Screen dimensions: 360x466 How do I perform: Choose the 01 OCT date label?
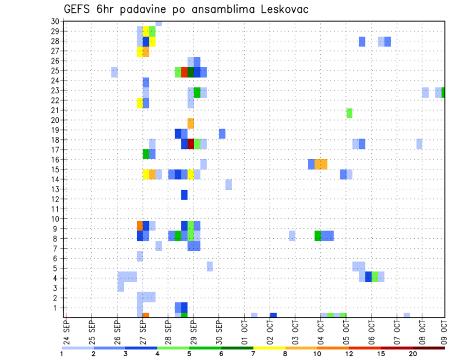click(244, 331)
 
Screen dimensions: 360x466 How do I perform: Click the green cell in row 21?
click(349, 113)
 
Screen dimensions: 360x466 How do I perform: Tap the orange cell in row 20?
click(191, 123)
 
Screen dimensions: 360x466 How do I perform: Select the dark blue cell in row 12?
click(184, 195)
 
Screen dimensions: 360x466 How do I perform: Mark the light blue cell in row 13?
click(229, 184)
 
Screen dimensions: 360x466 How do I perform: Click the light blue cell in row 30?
click(159, 23)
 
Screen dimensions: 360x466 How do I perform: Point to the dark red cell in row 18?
click(191, 144)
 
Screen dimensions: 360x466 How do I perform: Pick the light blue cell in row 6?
click(140, 256)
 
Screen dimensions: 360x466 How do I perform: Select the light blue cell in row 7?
click(159, 246)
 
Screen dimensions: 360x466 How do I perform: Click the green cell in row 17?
click(146, 154)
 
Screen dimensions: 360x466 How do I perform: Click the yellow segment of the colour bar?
click(269, 348)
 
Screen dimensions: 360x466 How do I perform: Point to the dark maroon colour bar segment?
click(429, 348)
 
